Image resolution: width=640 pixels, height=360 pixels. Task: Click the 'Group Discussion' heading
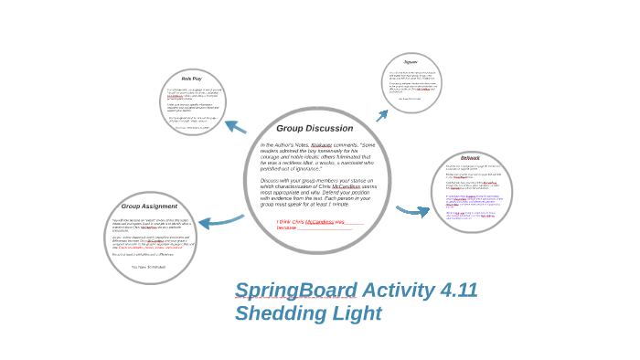pos(315,129)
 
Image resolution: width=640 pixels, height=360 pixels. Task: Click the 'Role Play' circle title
pos(192,79)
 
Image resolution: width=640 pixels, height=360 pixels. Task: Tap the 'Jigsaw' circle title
pos(411,62)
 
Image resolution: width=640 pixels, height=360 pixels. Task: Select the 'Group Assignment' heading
pos(149,206)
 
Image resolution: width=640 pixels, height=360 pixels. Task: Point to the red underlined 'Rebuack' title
pos(470,158)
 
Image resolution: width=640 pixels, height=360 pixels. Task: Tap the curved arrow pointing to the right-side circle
pos(412,211)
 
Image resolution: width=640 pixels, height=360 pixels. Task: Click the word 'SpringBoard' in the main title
pos(294,291)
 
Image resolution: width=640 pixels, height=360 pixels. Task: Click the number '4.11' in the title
pos(458,291)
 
